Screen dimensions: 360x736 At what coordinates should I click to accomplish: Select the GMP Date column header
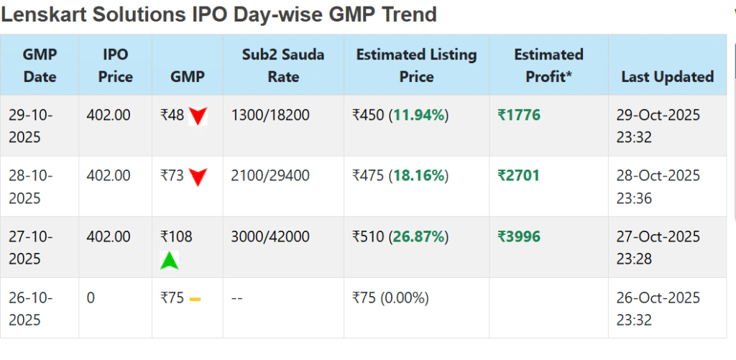40,65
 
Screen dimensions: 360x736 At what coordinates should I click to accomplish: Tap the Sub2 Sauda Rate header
283,65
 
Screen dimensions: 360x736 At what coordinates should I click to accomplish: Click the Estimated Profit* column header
548,65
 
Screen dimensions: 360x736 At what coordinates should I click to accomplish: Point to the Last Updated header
667,77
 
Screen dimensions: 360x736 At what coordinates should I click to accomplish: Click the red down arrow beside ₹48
198,116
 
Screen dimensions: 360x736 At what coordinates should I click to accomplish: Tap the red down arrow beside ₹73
198,177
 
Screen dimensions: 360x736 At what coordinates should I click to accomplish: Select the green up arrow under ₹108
169,260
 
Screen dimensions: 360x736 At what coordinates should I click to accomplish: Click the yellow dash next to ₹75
195,298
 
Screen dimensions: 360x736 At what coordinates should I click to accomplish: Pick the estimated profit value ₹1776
518,115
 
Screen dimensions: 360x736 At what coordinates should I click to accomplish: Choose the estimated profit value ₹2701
518,175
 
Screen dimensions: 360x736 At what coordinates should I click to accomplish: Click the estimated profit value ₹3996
518,236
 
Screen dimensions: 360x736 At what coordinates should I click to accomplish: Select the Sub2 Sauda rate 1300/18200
270,115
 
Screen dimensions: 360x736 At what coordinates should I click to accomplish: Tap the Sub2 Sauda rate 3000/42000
270,236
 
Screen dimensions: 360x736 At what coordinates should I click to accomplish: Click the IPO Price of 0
91,297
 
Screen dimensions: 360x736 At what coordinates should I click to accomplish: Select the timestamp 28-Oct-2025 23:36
658,186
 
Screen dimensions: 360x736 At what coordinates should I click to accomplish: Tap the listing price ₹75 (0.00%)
390,297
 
